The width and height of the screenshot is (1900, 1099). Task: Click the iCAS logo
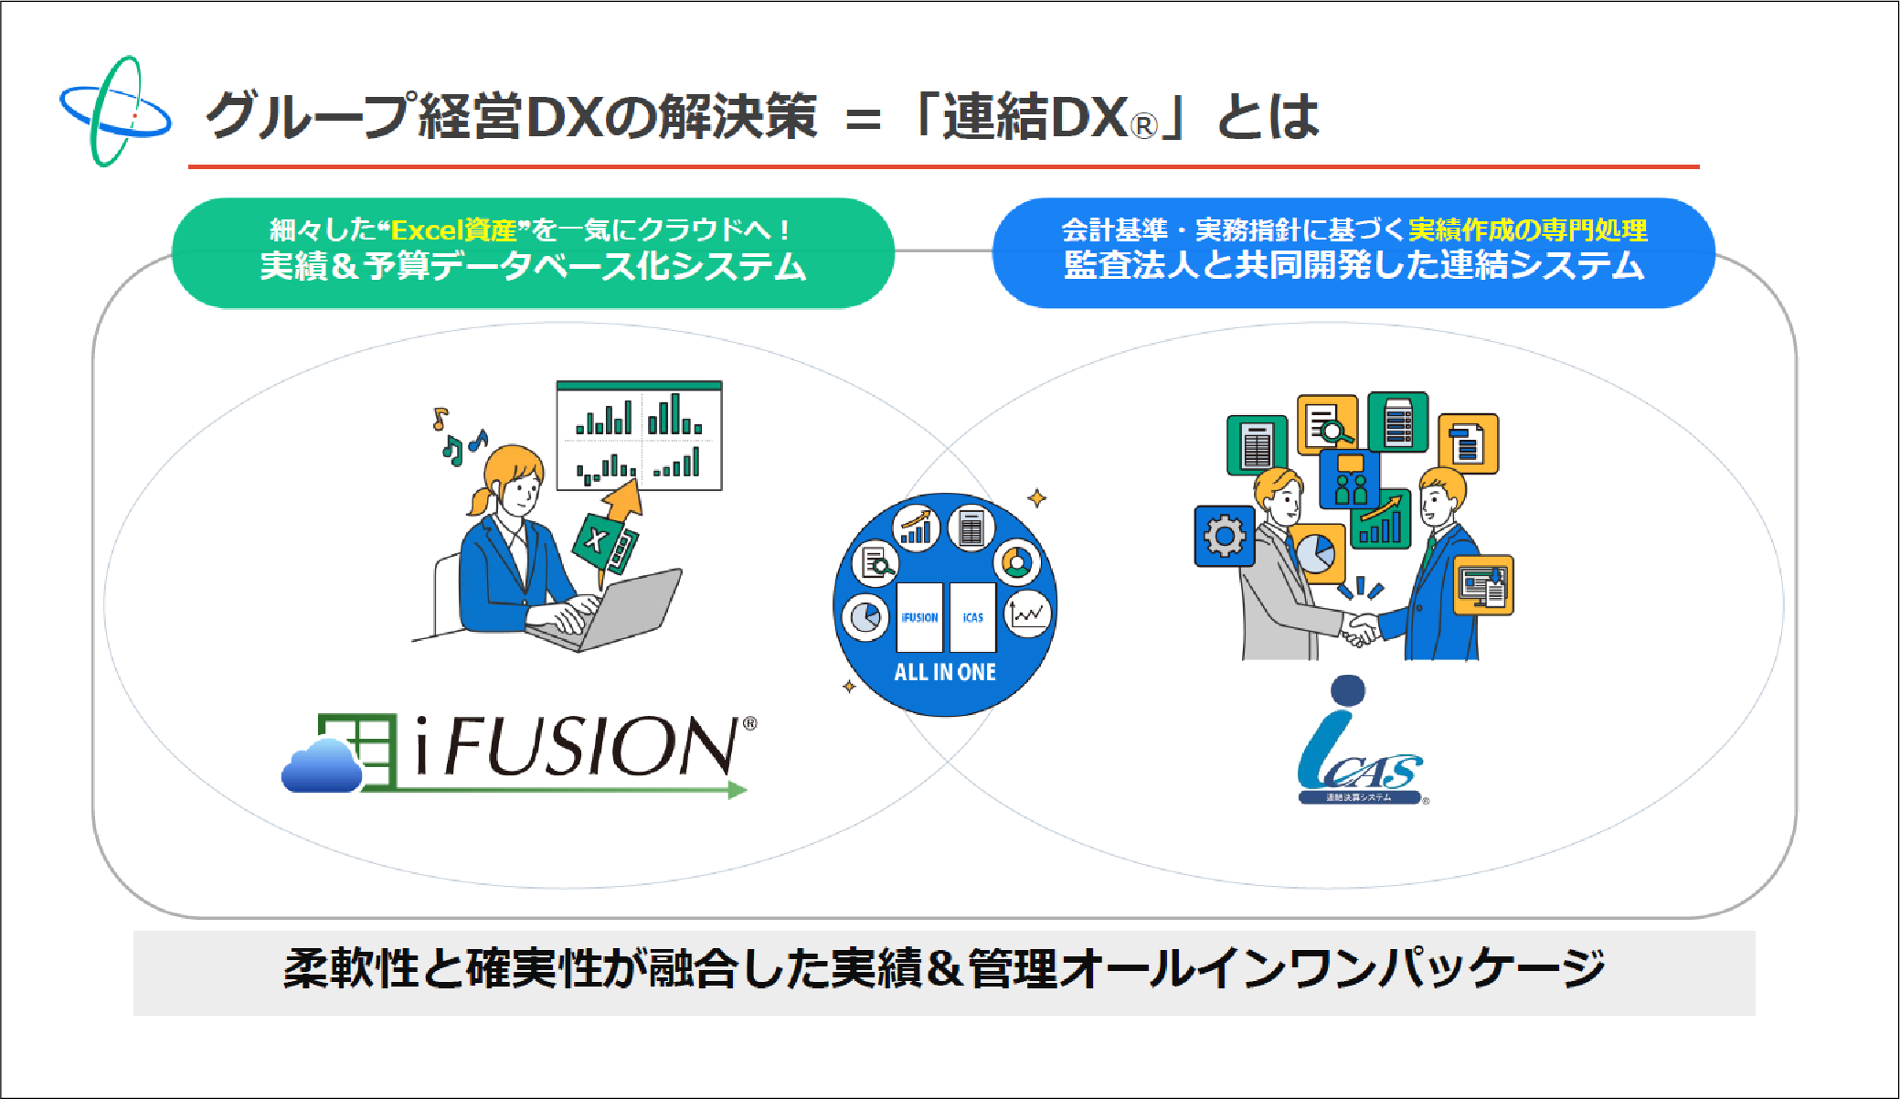[1359, 745]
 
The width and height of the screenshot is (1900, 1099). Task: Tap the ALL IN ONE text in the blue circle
[945, 672]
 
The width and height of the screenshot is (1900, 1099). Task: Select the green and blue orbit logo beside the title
[115, 112]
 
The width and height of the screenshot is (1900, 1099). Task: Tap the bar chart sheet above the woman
[639, 435]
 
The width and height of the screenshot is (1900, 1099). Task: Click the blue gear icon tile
[1225, 536]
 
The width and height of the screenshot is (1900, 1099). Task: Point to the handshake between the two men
[1360, 629]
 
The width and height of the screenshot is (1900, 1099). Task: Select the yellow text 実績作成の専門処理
[1527, 229]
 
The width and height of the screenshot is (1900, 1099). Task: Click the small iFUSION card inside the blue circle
[919, 617]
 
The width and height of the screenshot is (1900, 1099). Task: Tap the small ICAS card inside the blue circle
[972, 617]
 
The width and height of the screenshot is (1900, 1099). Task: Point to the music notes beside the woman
[457, 437]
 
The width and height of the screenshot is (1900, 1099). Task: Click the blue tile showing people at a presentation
[1350, 479]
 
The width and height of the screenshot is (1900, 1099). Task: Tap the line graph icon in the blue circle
[1028, 614]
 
